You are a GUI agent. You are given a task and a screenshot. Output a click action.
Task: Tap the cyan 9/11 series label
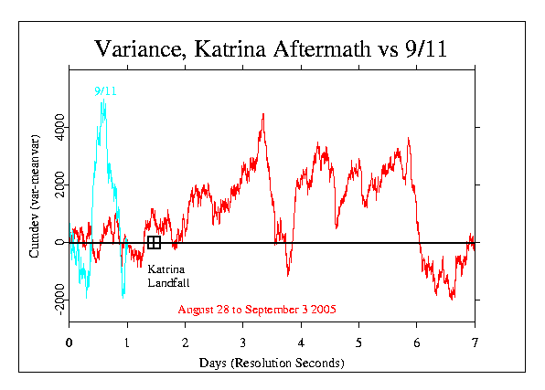click(106, 91)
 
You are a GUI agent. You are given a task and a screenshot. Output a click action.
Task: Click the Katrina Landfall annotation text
click(166, 277)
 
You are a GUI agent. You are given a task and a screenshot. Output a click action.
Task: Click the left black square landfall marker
click(152, 242)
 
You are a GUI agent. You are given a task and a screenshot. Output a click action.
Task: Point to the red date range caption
click(257, 310)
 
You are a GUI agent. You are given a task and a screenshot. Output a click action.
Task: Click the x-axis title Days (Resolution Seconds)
click(272, 363)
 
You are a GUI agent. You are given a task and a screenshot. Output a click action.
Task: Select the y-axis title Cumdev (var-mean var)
click(34, 205)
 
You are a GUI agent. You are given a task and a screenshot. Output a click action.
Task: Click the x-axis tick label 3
click(243, 343)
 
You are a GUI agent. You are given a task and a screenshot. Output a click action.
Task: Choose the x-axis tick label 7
click(475, 343)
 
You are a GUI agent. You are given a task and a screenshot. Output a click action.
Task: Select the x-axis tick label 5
click(359, 343)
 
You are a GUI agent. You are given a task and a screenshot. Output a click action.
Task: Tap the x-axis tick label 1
click(127, 343)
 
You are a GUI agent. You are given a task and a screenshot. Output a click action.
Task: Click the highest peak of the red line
click(263, 115)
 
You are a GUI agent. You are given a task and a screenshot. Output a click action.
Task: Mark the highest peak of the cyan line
click(103, 102)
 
